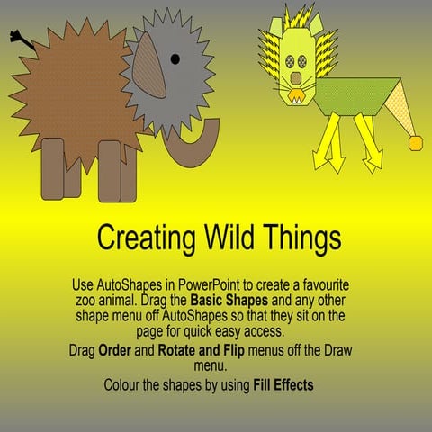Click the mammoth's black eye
[175, 59]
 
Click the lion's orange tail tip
[417, 141]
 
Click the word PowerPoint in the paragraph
[229, 285]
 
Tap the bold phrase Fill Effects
[287, 384]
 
